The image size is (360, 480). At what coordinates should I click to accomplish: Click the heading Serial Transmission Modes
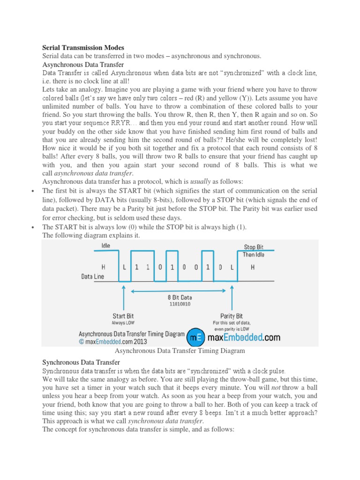click(83, 47)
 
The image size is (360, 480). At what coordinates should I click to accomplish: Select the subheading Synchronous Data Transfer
click(81, 362)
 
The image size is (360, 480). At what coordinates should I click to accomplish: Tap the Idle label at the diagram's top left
click(106, 245)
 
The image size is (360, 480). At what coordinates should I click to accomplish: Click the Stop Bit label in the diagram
click(254, 247)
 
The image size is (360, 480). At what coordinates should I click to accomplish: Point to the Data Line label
click(92, 277)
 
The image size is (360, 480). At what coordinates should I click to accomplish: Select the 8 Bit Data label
click(180, 297)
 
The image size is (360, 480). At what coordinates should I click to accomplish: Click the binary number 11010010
click(180, 304)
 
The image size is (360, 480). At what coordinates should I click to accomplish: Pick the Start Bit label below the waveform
click(123, 316)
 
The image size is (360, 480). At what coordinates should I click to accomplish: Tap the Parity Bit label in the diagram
click(232, 316)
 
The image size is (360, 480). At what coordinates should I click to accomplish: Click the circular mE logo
click(195, 337)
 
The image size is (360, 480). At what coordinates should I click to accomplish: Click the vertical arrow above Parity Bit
click(232, 298)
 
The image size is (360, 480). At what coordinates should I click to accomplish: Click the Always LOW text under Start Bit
click(123, 323)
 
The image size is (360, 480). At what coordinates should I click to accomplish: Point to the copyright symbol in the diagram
click(82, 342)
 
